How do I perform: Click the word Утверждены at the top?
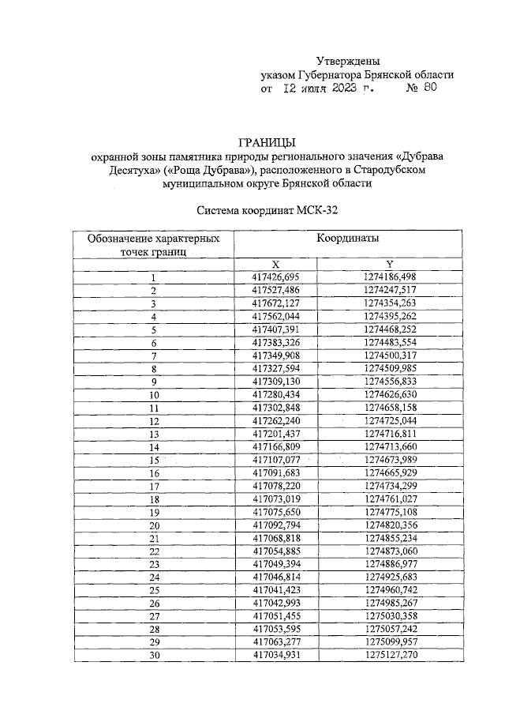[x=348, y=60]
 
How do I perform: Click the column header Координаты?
[x=347, y=238]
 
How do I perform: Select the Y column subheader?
[x=390, y=263]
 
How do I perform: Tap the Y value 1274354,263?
[x=390, y=303]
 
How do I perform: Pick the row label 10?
[x=154, y=393]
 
